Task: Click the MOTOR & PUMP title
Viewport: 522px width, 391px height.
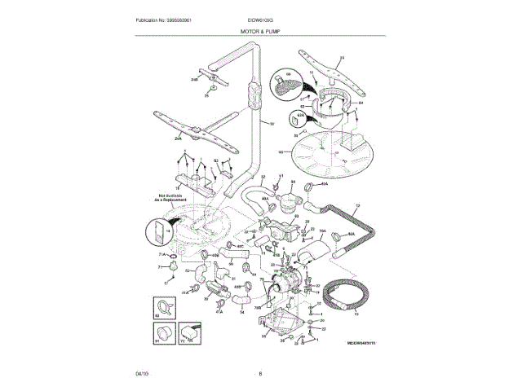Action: point(260,29)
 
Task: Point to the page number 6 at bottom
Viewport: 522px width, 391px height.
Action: point(260,374)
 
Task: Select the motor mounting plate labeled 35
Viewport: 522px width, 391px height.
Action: point(285,323)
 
